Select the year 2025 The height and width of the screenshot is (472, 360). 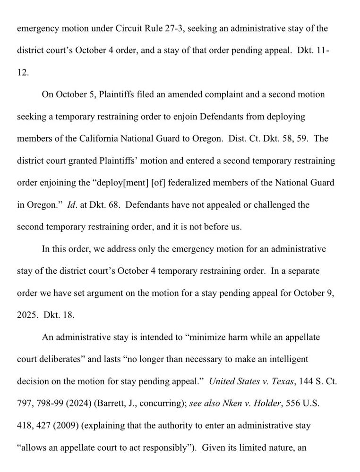point(26,315)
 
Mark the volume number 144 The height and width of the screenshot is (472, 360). point(302,381)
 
